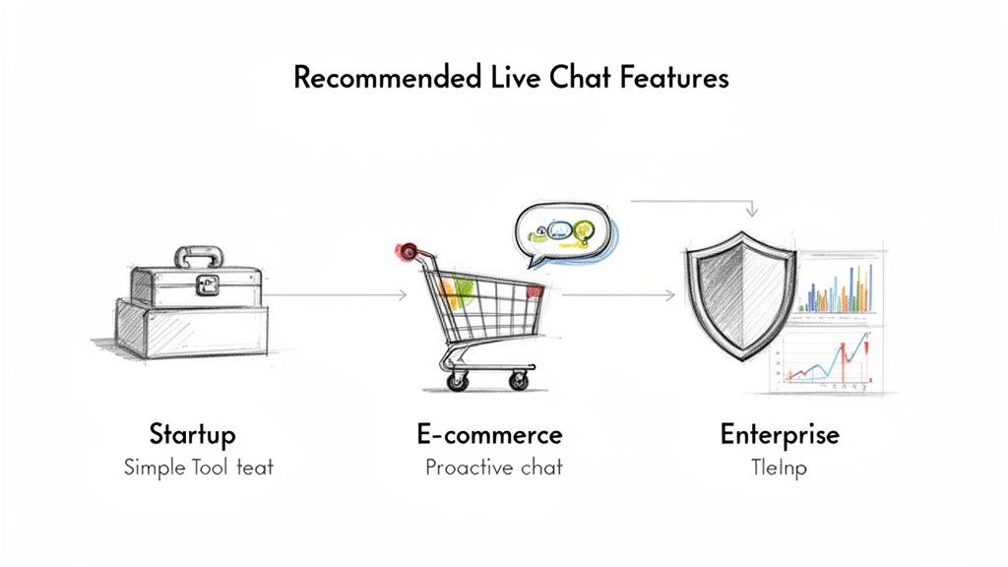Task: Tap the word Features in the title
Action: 674,79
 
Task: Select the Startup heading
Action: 192,433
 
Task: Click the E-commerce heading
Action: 489,434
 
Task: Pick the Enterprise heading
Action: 780,434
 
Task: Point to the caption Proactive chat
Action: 493,467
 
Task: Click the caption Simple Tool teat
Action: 198,467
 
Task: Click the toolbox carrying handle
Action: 201,258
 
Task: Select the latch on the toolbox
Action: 207,284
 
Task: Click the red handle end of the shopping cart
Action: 408,250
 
